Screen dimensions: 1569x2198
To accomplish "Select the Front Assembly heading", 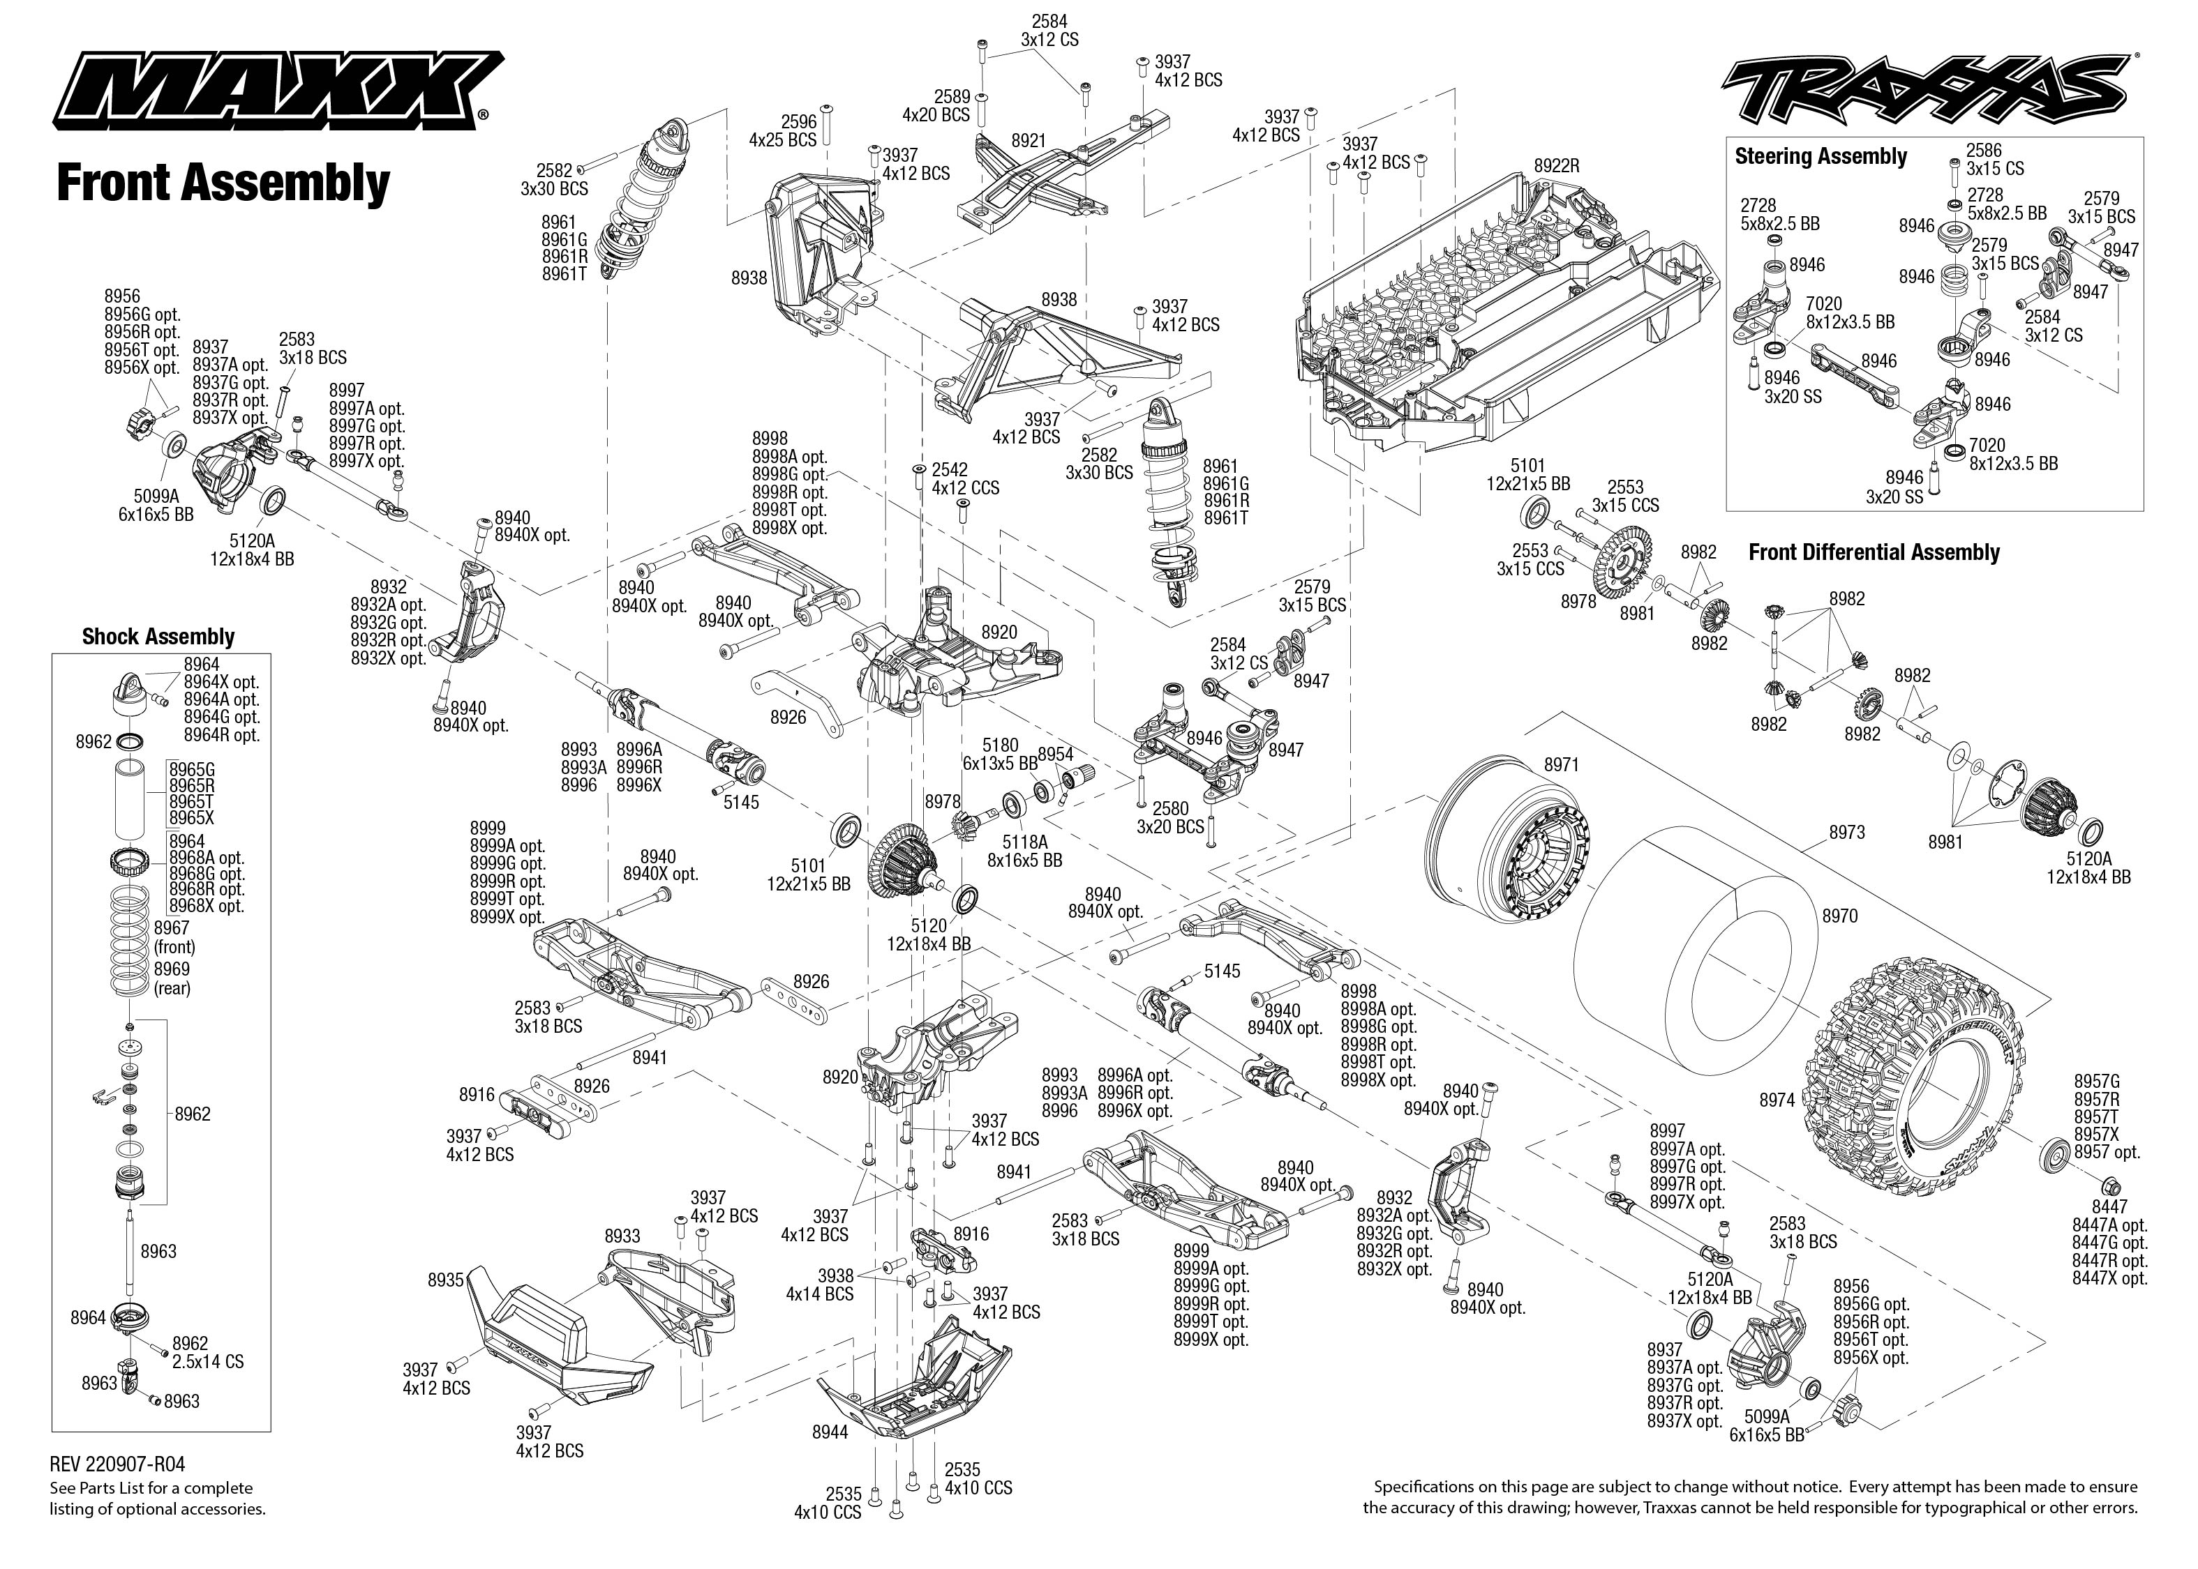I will click(x=223, y=183).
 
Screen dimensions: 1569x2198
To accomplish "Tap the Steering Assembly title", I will click(x=1820, y=156).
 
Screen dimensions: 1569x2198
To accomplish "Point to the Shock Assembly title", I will click(x=158, y=637).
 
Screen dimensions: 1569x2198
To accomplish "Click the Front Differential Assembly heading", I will click(x=1874, y=552).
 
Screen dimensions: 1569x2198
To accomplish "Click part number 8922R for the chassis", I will click(x=1555, y=166).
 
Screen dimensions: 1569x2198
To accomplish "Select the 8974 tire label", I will click(x=1777, y=1100).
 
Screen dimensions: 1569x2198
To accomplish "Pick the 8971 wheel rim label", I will click(x=1561, y=765).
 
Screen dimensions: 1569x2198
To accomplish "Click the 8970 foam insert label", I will click(x=1839, y=916).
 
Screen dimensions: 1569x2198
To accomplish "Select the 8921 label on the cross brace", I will click(x=1029, y=141).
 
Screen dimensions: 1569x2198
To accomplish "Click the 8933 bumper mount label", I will click(x=622, y=1236).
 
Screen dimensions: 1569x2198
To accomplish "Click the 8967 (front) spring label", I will click(x=173, y=937).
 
